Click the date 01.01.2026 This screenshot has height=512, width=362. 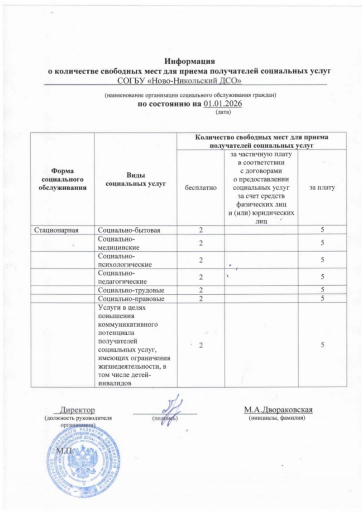click(222, 104)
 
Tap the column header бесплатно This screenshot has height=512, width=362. click(200, 186)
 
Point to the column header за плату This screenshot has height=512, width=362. click(322, 186)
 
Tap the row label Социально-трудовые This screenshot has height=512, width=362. click(131, 290)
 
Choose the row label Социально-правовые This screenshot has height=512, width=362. click(131, 299)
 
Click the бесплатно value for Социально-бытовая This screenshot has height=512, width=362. click(200, 230)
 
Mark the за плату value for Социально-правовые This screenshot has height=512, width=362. click(322, 299)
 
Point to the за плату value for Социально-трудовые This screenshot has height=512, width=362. click(322, 290)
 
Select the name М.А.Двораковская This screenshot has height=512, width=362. click(279, 409)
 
